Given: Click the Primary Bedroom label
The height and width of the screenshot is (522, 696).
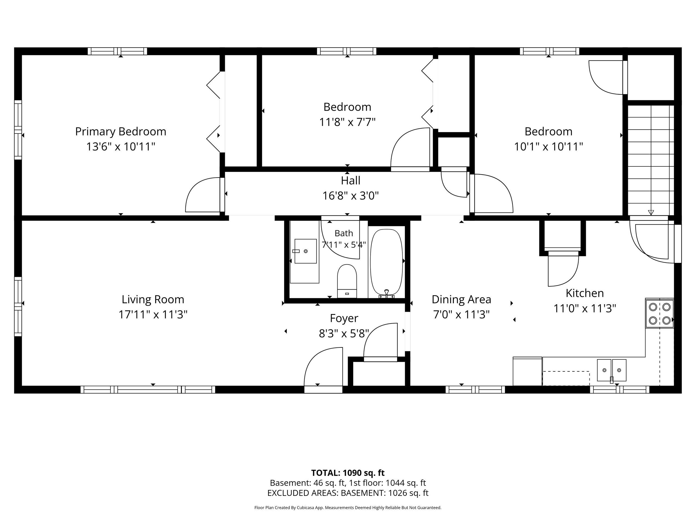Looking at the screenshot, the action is coord(120,131).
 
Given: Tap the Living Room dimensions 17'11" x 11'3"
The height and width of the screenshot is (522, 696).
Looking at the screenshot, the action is coord(153,314).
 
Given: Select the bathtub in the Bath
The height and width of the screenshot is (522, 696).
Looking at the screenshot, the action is coord(386,263).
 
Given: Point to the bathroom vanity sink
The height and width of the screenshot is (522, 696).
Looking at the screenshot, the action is coord(305,251).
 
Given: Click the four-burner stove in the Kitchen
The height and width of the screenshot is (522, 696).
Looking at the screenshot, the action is coord(660,313).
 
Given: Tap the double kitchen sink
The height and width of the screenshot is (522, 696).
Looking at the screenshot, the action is coord(612,370).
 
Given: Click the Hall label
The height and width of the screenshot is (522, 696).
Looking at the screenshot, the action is coord(350,181).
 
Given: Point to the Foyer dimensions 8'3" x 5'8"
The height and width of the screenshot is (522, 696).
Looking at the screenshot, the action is coord(344,333).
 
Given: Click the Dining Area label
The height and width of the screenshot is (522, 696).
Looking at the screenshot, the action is coord(461,299).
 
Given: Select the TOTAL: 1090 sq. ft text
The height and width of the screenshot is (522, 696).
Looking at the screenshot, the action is coord(348,473).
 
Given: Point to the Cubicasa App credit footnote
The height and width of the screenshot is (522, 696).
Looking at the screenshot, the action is coord(348,508).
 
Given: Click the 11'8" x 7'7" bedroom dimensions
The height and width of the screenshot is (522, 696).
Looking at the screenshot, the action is coord(347,122).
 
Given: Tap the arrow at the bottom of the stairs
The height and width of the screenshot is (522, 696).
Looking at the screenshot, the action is coord(651,212).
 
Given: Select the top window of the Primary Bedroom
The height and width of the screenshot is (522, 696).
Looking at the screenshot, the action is coord(117,51).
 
